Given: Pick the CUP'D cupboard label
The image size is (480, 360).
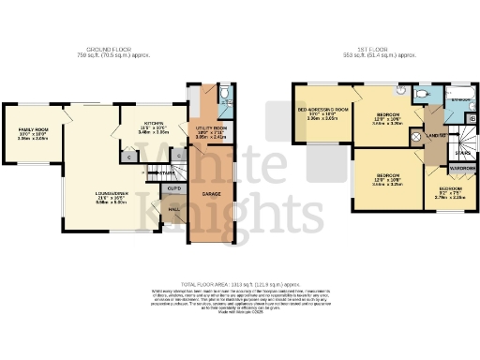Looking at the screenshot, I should click(173, 188).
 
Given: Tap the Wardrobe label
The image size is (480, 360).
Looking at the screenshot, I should click(461, 169).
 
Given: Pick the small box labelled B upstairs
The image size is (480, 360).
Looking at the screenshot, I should click(470, 120).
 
